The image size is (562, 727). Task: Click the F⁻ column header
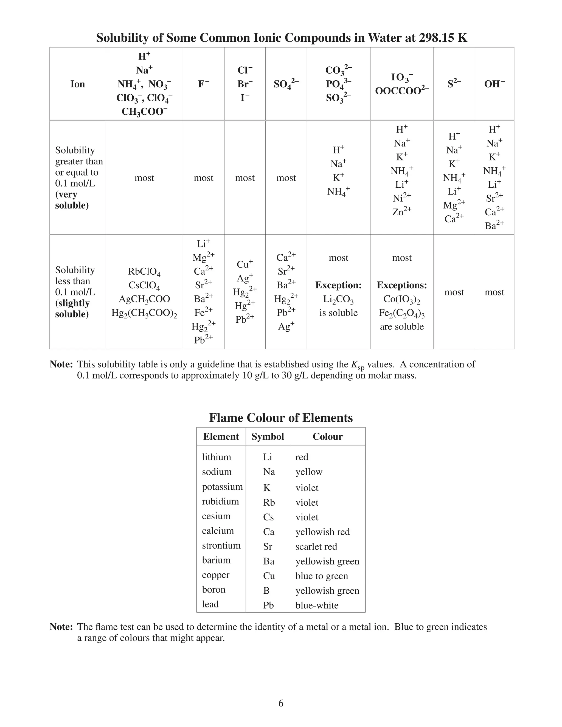(203, 84)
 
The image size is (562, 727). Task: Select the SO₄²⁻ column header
(286, 84)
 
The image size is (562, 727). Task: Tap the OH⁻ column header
(494, 84)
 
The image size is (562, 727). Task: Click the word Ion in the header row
(78, 84)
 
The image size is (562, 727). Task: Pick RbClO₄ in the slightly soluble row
(144, 272)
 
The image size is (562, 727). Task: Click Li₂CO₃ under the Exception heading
(338, 299)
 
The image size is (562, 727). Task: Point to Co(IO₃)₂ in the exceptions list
(401, 299)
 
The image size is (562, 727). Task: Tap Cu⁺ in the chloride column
(245, 264)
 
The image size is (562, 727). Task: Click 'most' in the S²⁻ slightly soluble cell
(454, 292)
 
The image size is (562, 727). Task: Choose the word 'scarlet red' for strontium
(316, 546)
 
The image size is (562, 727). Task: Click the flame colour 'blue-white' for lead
(317, 605)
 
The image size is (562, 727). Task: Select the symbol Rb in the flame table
(269, 502)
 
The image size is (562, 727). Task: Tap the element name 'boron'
(214, 590)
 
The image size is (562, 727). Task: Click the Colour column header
(327, 436)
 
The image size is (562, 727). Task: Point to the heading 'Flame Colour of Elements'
(281, 418)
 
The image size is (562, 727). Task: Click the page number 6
(281, 703)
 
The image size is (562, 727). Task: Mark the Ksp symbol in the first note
(358, 365)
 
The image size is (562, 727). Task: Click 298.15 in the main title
(437, 38)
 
